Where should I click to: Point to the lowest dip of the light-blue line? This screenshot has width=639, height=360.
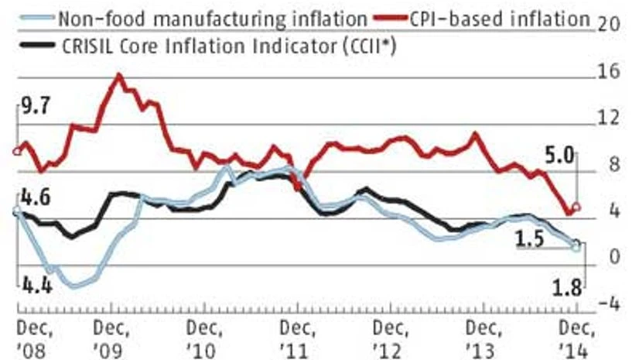(x=75, y=286)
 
